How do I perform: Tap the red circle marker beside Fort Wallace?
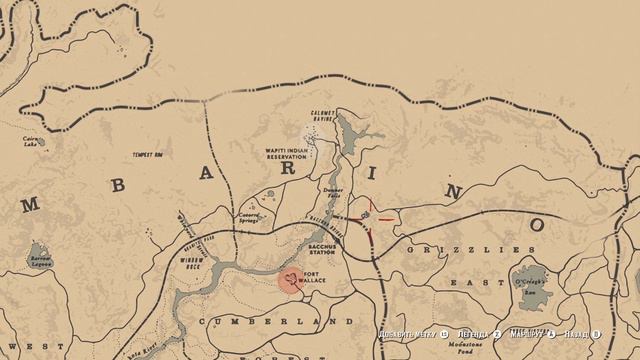click(x=290, y=278)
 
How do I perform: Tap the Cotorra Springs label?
click(x=249, y=216)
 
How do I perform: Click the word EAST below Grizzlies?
click(x=470, y=283)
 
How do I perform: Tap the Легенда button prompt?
click(x=474, y=334)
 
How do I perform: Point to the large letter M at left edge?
click(x=29, y=206)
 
